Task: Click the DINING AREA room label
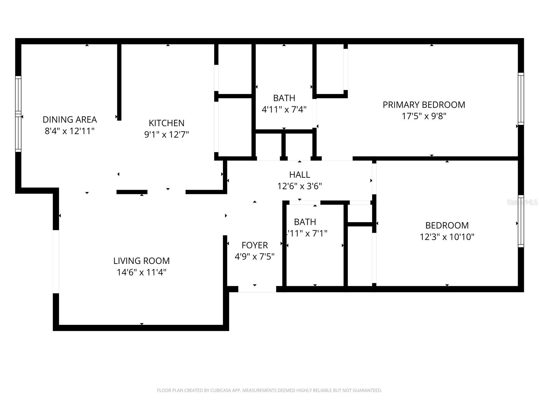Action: [70, 120]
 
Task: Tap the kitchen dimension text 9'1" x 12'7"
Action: [166, 135]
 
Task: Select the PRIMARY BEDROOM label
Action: [424, 105]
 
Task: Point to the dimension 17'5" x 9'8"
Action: [424, 116]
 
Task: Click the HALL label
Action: [299, 175]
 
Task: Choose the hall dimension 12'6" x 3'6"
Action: [299, 186]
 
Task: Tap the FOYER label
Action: [255, 245]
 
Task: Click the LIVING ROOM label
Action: [141, 261]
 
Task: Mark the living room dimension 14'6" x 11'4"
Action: [141, 272]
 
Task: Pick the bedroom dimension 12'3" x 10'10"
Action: [447, 237]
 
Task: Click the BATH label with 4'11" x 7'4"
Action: [284, 98]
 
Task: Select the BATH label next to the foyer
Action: [305, 222]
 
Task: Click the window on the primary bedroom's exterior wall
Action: [521, 99]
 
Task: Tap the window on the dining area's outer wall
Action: [18, 114]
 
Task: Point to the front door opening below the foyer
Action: [257, 289]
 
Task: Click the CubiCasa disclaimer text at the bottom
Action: [269, 391]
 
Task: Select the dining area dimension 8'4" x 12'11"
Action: [70, 131]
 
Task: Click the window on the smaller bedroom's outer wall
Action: [521, 221]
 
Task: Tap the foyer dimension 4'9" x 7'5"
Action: [255, 257]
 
